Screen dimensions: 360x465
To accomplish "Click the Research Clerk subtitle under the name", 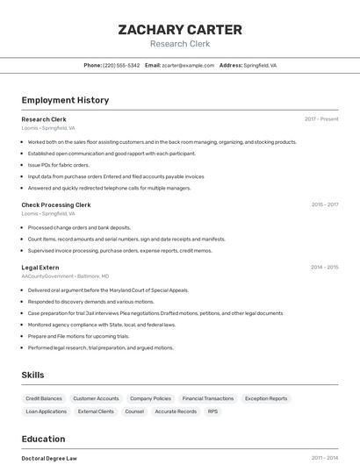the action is click(180, 44).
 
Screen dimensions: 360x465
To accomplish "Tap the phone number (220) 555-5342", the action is click(121, 66).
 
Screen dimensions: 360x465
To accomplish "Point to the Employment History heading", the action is click(65, 100).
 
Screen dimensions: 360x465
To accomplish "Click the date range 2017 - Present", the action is click(321, 119).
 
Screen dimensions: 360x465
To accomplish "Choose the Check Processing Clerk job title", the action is click(56, 204).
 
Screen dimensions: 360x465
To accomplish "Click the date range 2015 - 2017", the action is click(324, 204).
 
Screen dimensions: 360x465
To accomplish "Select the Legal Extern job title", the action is click(40, 268).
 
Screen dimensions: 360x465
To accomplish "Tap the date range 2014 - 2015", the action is click(324, 268).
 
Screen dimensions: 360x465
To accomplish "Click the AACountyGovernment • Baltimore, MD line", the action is click(65, 276).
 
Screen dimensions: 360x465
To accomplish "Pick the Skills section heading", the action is click(32, 375).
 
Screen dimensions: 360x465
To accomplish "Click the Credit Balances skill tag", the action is click(44, 398).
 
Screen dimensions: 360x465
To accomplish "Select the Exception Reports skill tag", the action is click(266, 398).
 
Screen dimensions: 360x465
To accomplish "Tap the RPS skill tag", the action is click(212, 411).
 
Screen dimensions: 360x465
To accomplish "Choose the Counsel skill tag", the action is click(134, 411).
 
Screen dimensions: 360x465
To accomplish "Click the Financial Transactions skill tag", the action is click(208, 398).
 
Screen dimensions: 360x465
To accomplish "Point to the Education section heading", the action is click(43, 439).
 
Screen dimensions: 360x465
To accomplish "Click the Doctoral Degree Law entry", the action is click(49, 458).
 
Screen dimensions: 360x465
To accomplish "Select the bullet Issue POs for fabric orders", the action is click(59, 165).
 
